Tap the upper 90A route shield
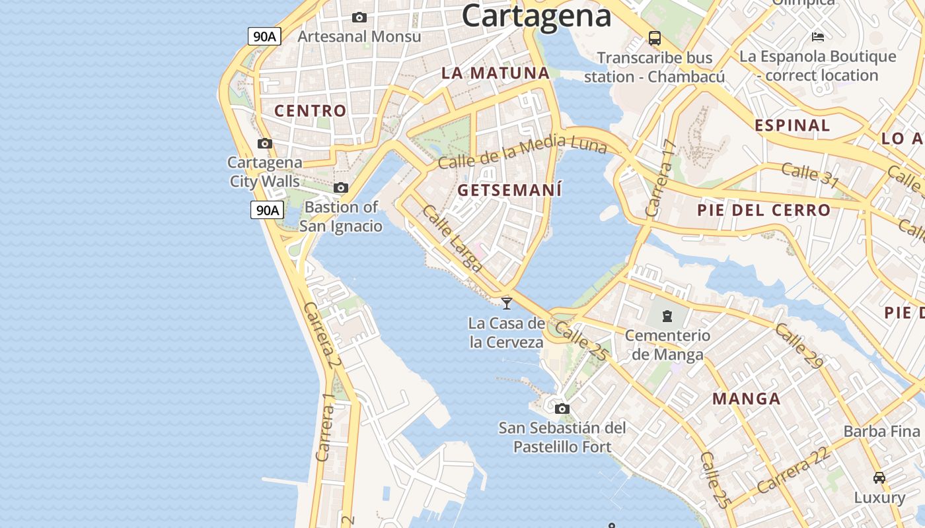click(x=265, y=36)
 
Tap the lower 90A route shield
click(x=267, y=211)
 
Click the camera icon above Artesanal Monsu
click(x=359, y=17)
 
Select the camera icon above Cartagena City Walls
click(x=264, y=143)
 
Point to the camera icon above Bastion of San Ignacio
click(x=341, y=188)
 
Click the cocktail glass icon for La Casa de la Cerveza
click(x=507, y=303)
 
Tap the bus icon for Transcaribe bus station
click(x=655, y=38)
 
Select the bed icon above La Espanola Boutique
click(x=818, y=36)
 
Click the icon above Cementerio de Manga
click(x=667, y=316)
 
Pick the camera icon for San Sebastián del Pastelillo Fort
click(x=562, y=409)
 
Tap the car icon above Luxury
click(x=879, y=477)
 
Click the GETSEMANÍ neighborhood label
click(x=509, y=191)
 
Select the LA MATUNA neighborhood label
click(x=496, y=73)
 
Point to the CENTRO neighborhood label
click(x=311, y=111)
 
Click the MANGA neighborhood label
click(x=747, y=399)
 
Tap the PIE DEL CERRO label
click(x=764, y=211)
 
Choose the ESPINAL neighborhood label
click(x=792, y=125)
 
